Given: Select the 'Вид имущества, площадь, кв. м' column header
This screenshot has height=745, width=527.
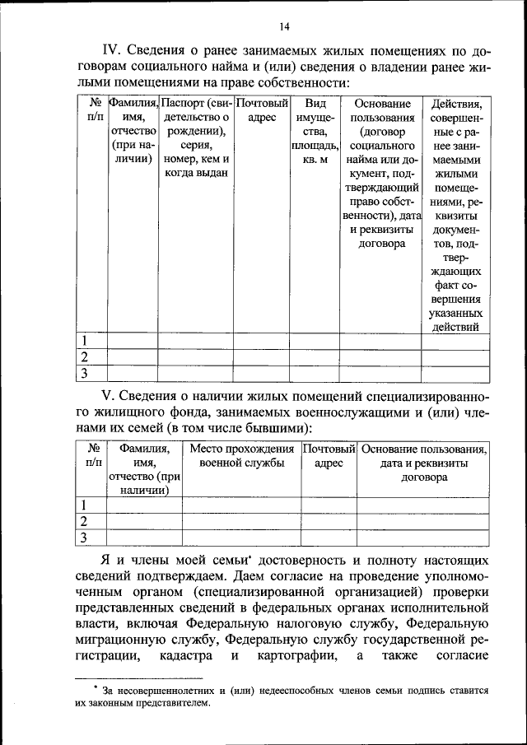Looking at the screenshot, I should point(310,131).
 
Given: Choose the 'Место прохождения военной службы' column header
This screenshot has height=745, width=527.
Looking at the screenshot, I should point(241,456).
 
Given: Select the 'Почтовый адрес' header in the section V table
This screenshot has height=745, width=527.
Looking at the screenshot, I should point(329,456).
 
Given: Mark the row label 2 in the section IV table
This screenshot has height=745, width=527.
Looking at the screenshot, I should point(83,356).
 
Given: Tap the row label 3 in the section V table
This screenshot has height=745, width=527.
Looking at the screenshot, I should point(83,538).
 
